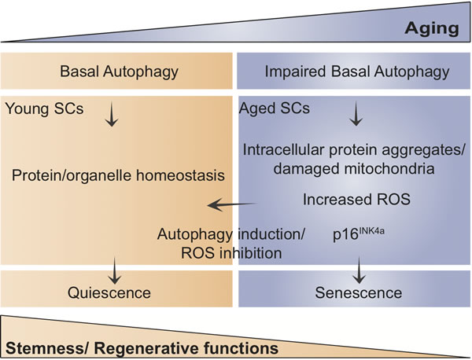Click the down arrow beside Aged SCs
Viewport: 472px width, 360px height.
356,116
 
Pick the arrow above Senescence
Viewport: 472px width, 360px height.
361,271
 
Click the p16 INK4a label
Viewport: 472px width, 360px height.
350,233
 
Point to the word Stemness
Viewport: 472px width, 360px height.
38,347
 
